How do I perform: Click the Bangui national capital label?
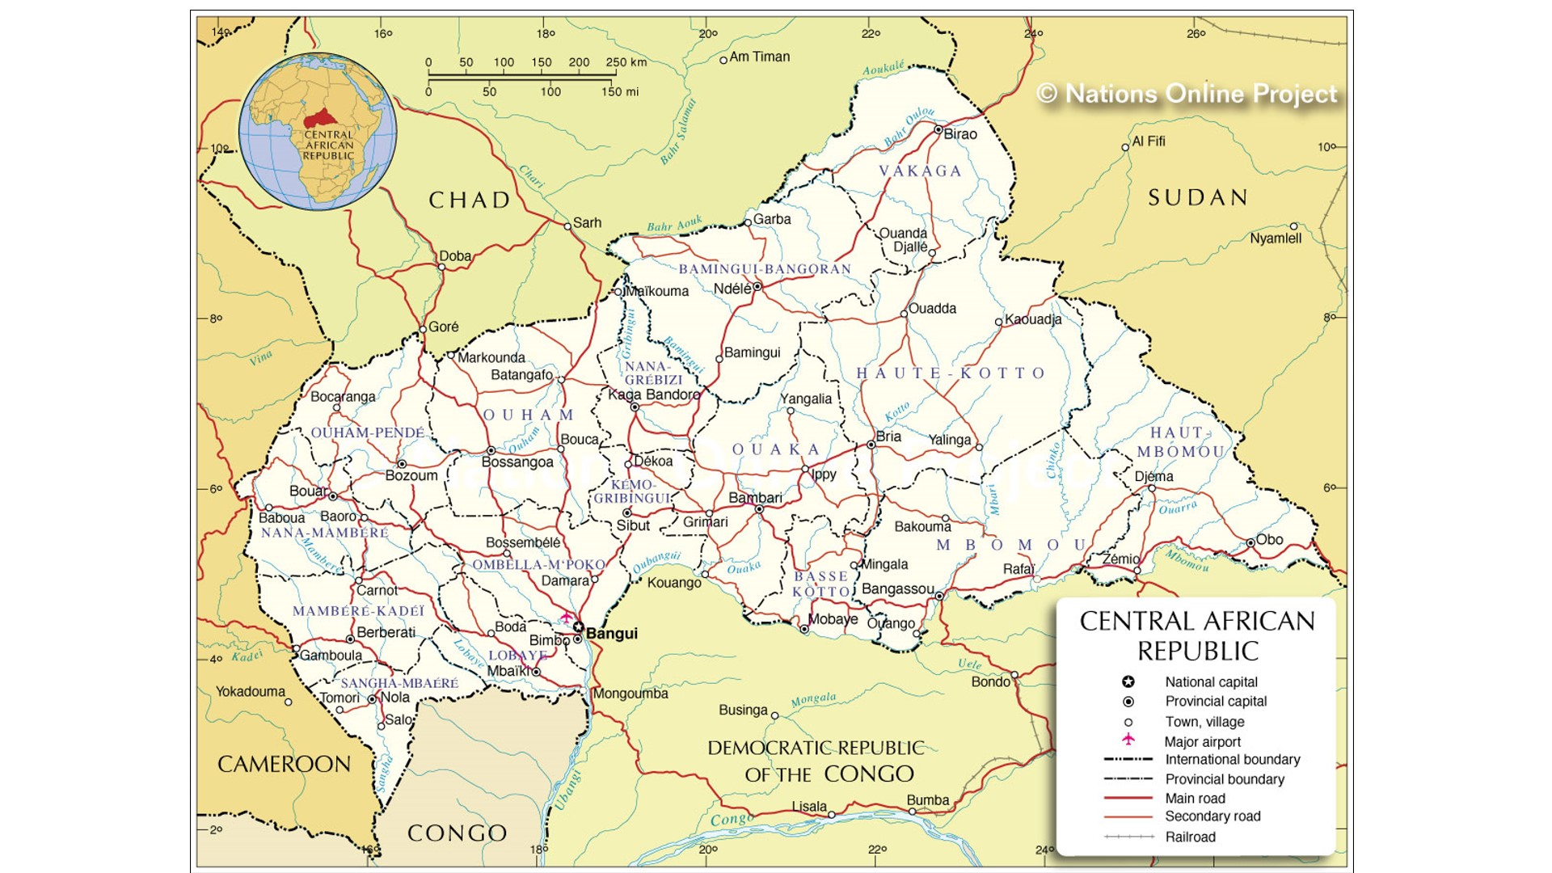611,634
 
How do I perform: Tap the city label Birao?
960,134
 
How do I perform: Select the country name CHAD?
470,200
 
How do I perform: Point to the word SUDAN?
1198,198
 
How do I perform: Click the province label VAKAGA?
921,171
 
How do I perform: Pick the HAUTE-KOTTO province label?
951,373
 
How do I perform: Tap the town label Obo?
1269,540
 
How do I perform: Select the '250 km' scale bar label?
626,62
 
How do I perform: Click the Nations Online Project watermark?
1187,95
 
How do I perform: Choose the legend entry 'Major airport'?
1202,742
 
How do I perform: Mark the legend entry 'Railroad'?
1190,837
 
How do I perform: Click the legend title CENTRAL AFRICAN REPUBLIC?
1197,635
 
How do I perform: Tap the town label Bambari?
755,498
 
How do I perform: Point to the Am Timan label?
759,57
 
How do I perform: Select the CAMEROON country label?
284,765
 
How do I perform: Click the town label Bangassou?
897,589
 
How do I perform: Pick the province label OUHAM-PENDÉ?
368,433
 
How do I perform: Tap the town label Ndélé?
732,289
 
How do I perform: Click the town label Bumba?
927,800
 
